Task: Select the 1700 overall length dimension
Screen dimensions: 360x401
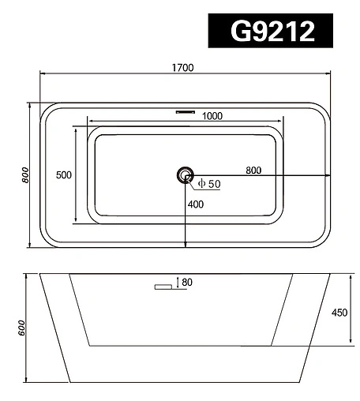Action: (x=183, y=68)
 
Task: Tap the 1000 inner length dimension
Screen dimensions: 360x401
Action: (x=212, y=116)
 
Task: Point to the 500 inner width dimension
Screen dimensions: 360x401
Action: (x=64, y=175)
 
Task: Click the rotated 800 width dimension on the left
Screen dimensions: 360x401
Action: (x=25, y=175)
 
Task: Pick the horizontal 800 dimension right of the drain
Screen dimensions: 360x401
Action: (x=253, y=171)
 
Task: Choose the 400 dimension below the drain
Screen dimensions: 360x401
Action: (x=196, y=204)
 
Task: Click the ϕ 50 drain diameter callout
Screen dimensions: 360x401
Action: (x=209, y=184)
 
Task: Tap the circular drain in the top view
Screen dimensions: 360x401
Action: (x=186, y=175)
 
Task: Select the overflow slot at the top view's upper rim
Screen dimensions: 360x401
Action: (x=186, y=112)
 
